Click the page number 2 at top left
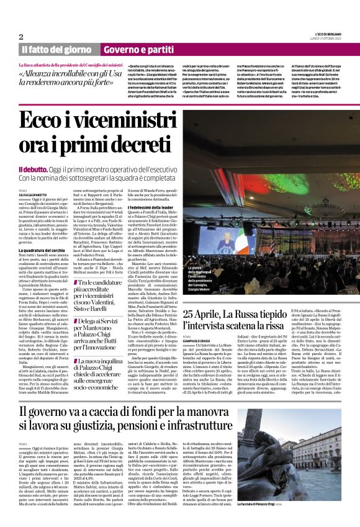[21, 37]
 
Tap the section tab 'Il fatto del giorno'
[57, 49]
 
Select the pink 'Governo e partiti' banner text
[140, 49]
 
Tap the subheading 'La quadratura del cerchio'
[45, 250]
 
